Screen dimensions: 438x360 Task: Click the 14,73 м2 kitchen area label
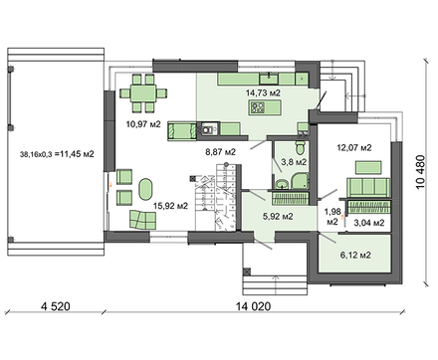(x=263, y=92)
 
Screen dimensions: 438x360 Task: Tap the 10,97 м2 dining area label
(x=143, y=124)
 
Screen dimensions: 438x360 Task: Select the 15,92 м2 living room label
(x=170, y=206)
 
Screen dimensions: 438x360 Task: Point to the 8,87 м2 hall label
(x=221, y=152)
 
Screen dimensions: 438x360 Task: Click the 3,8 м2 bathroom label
(x=294, y=162)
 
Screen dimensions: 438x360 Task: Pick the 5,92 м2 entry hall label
(x=278, y=217)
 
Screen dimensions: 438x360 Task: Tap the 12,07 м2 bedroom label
(x=354, y=147)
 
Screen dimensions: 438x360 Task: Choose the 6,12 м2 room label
(x=355, y=256)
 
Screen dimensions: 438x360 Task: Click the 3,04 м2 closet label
(x=369, y=223)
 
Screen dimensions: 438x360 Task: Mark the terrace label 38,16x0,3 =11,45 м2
(x=57, y=154)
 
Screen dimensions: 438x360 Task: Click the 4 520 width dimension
(x=56, y=306)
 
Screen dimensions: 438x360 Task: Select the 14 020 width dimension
(x=253, y=306)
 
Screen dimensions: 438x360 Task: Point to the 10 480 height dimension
(x=420, y=172)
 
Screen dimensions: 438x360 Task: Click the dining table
(x=143, y=93)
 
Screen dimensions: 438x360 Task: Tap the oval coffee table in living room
(x=145, y=189)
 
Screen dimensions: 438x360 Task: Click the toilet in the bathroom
(x=301, y=147)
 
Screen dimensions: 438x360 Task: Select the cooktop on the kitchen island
(x=258, y=107)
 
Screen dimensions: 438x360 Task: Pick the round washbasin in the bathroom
(x=283, y=183)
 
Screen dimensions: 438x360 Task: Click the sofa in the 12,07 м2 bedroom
(x=368, y=188)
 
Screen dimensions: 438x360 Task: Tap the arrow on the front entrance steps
(x=275, y=284)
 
